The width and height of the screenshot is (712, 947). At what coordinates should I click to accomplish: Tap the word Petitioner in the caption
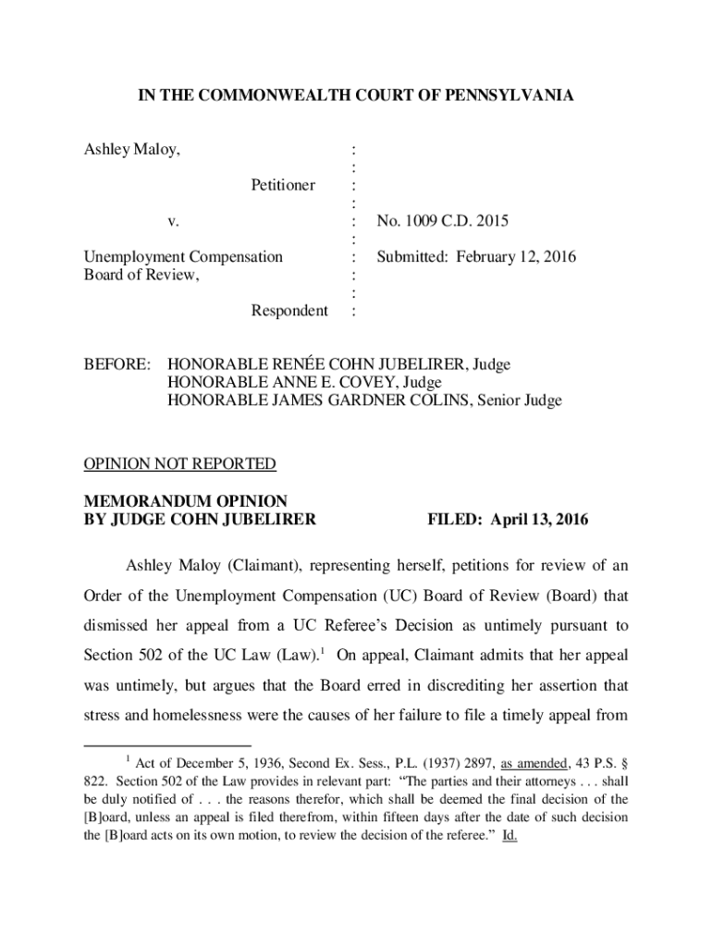tap(283, 185)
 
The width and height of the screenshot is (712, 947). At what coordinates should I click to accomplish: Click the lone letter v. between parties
tap(173, 221)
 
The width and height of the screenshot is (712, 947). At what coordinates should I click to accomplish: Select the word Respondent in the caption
tap(289, 311)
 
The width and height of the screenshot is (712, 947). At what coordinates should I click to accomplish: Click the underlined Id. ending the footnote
tap(509, 835)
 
